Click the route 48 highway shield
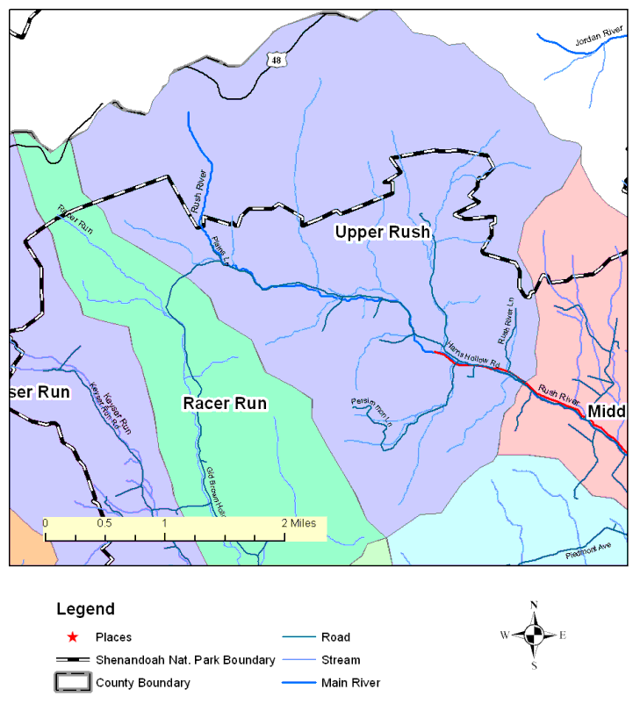tap(277, 60)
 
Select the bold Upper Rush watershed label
tap(382, 232)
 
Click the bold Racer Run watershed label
tap(225, 403)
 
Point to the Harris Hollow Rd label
tap(472, 354)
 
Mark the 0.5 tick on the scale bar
tap(104, 523)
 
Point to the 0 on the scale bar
tap(46, 523)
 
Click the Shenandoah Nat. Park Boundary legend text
tap(185, 660)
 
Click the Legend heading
tap(85, 608)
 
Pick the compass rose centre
tap(534, 635)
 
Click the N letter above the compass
tap(534, 606)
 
